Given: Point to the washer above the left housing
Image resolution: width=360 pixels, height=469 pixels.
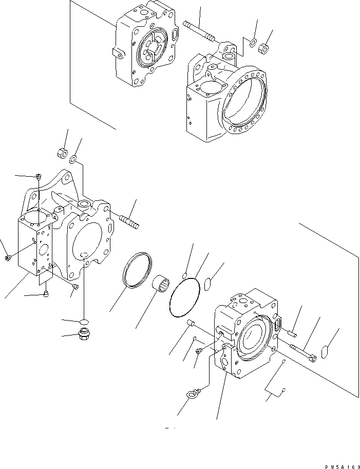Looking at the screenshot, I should [73, 159].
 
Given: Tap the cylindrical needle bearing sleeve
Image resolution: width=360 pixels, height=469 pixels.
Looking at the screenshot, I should [164, 284].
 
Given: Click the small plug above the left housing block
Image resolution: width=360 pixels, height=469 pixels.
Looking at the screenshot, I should [39, 177].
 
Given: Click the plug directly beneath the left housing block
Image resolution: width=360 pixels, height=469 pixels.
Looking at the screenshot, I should [46, 294].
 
